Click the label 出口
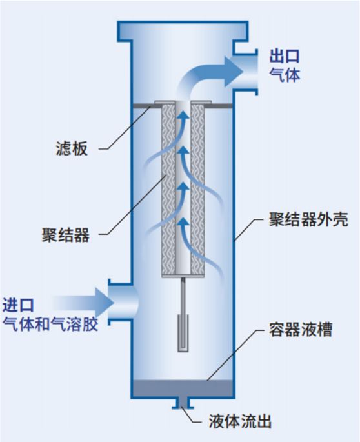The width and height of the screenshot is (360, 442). (x=284, y=56)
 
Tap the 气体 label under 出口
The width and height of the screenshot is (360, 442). (x=284, y=75)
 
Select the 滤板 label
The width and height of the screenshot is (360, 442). (x=72, y=148)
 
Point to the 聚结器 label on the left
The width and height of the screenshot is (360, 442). (x=66, y=235)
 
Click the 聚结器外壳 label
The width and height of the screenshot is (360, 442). (x=308, y=219)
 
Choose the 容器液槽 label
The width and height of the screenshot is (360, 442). (x=301, y=329)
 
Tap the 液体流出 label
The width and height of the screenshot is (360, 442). (x=239, y=421)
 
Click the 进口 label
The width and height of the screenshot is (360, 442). (x=18, y=305)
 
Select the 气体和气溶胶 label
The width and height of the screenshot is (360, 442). (x=50, y=324)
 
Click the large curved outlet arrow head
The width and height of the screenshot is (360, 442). (x=234, y=72)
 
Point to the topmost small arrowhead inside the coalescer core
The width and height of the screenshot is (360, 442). (x=183, y=114)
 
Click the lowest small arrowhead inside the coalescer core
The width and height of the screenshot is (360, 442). (x=183, y=221)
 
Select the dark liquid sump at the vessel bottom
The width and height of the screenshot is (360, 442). (x=183, y=388)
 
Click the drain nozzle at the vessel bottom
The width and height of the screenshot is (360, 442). (x=183, y=403)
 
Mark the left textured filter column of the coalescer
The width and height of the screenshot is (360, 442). (x=168, y=190)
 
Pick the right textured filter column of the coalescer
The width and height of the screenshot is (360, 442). (x=197, y=190)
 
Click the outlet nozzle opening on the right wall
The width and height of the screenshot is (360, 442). (x=245, y=72)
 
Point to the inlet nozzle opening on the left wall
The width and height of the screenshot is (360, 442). (x=122, y=302)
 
